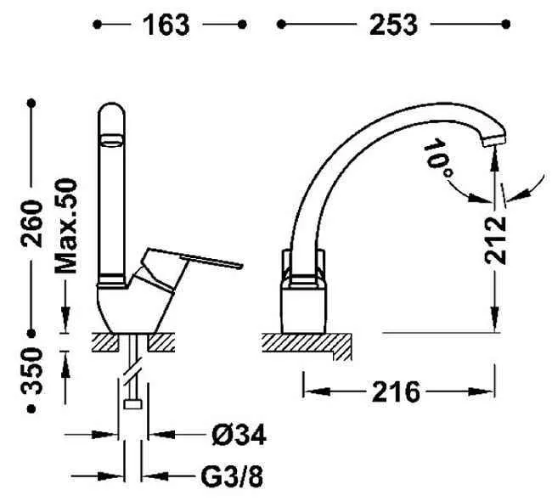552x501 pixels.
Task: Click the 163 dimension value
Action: click(x=166, y=25)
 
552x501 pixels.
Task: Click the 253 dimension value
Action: click(x=393, y=25)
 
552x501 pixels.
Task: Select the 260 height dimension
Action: click(x=31, y=223)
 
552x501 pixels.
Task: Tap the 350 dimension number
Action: click(x=31, y=371)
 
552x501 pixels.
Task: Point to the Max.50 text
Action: click(x=66, y=226)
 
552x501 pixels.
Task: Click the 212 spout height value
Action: click(x=495, y=240)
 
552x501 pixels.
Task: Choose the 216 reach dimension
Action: click(x=396, y=391)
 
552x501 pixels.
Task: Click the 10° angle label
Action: click(x=437, y=158)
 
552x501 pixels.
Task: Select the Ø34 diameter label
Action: click(x=239, y=435)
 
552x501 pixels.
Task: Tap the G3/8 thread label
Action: click(x=232, y=476)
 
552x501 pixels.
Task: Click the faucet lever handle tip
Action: click(x=241, y=266)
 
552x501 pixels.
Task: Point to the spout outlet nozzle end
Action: click(x=494, y=142)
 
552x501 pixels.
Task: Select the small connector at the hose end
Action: click(x=132, y=404)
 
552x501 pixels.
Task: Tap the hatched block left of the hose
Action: click(x=105, y=342)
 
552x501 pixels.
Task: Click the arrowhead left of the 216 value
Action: click(x=318, y=391)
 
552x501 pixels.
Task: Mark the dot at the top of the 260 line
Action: click(x=31, y=103)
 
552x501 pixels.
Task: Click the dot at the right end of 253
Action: click(x=506, y=25)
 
